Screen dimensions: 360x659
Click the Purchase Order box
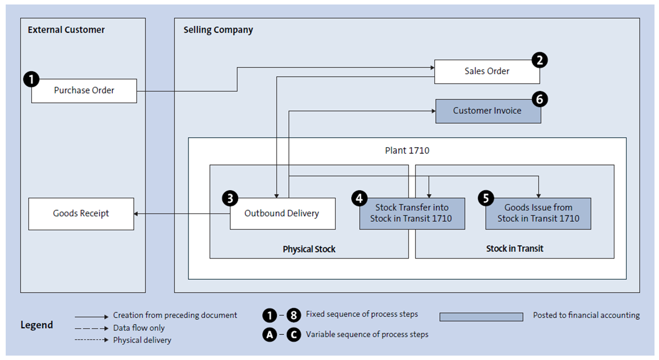[x=84, y=91]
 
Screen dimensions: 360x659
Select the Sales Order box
[x=487, y=71]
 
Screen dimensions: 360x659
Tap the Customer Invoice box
[x=487, y=111]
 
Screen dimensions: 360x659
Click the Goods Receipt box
[x=81, y=213]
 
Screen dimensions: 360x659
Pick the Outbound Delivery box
[x=283, y=213]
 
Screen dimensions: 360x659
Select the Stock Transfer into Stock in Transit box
[x=411, y=213]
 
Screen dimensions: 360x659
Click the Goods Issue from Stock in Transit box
[x=538, y=213]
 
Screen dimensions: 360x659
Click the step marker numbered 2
[x=539, y=60]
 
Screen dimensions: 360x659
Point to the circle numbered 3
[x=230, y=198]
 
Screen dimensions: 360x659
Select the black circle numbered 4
[x=360, y=198]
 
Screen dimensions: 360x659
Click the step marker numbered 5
[x=486, y=198]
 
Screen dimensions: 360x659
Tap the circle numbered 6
[x=540, y=99]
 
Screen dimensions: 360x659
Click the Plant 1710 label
[x=407, y=150]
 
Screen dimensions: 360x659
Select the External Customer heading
[x=66, y=30]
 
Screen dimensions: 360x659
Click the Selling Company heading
[x=218, y=30]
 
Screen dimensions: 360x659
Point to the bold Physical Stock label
[x=309, y=249]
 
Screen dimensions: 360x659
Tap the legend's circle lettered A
[x=270, y=335]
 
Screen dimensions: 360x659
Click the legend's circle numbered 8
[x=294, y=315]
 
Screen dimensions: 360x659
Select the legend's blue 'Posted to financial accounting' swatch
[x=481, y=317]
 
